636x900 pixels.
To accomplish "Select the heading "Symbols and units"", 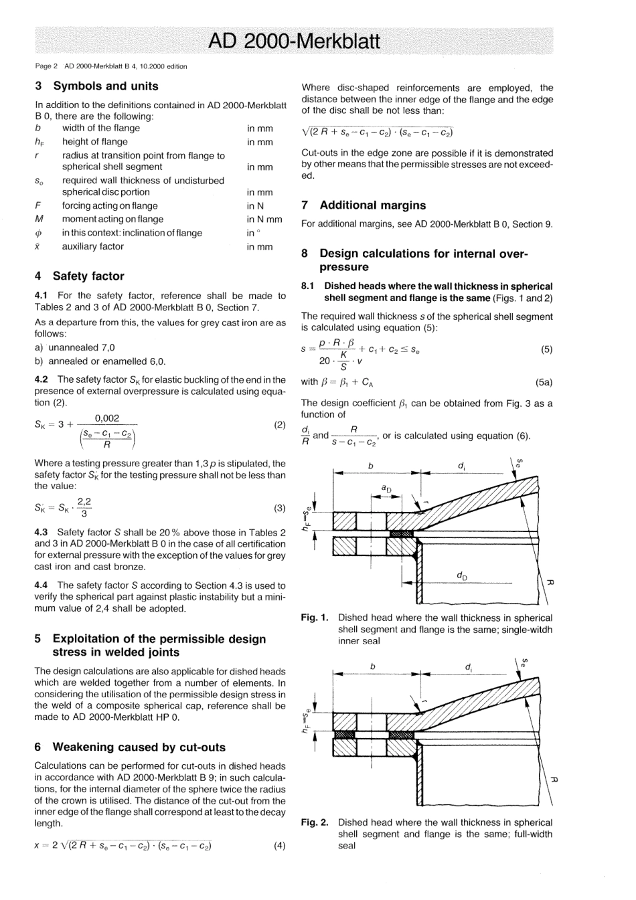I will point(106,86).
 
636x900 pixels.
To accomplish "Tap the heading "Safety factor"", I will point(88,276).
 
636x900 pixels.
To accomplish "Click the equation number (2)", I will point(280,425).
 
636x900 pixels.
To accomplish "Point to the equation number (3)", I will point(280,508).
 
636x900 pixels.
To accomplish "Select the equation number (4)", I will point(280,845).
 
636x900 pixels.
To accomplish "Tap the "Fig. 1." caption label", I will point(315,618).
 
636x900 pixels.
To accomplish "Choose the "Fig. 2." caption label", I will point(315,822).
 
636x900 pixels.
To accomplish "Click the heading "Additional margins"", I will point(372,205).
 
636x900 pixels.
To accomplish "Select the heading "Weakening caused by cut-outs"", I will point(139,747).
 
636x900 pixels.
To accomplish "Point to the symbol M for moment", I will point(39,219).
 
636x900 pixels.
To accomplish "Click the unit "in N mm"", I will point(264,219).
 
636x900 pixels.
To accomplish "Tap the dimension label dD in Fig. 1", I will point(462,575).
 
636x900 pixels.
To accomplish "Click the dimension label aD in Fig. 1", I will point(386,489).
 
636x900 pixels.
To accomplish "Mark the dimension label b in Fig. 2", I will point(372,666).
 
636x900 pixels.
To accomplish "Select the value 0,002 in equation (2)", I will point(107,418).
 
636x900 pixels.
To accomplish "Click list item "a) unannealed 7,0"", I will point(74,348).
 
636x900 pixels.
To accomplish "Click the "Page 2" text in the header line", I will point(46,66).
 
